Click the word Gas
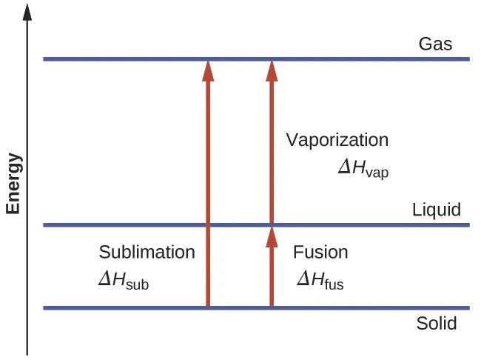[x=435, y=44]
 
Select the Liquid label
[x=436, y=210]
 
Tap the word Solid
[x=436, y=324]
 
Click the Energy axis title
[x=13, y=183]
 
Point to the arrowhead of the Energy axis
[x=27, y=10]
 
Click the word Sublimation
[x=147, y=252]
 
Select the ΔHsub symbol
[x=124, y=281]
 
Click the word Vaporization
[x=337, y=140]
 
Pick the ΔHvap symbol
[x=363, y=168]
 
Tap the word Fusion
[x=320, y=252]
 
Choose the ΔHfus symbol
[x=320, y=280]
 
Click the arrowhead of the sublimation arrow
[x=208, y=70]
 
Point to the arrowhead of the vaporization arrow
[x=272, y=70]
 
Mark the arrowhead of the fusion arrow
[x=272, y=236]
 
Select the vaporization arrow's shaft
[x=272, y=148]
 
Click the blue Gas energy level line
[x=111, y=59]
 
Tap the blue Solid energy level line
[x=111, y=307]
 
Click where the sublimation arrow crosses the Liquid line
[x=208, y=224]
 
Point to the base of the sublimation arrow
[x=208, y=304]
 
